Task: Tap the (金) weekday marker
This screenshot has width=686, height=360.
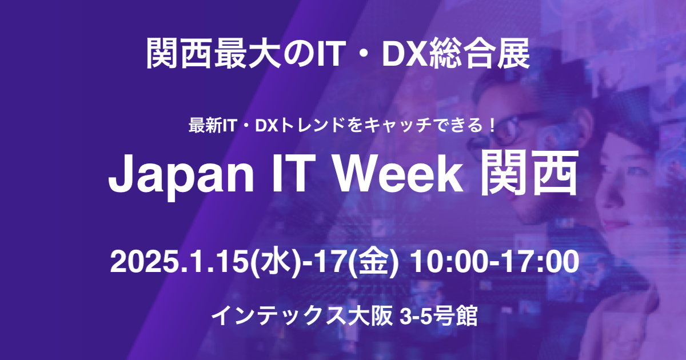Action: point(376,263)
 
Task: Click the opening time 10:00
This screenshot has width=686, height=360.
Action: point(446,263)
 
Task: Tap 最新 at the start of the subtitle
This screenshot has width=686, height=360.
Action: point(201,125)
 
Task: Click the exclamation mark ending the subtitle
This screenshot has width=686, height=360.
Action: point(493,125)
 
